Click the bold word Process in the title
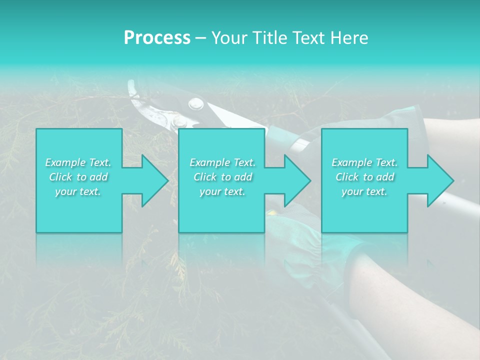point(157,38)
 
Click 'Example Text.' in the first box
point(78,162)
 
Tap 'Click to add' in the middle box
point(222,177)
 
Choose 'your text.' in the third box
point(364,191)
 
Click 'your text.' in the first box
point(78,191)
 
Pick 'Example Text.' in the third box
point(364,162)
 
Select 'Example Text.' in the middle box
point(222,162)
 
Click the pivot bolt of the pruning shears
point(195,104)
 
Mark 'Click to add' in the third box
point(364,177)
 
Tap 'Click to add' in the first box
point(78,177)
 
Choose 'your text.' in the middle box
point(222,191)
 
